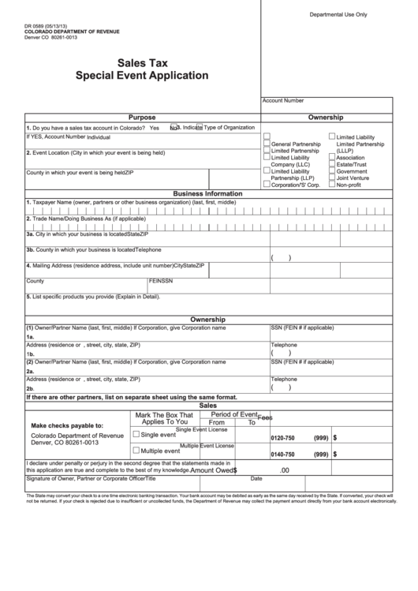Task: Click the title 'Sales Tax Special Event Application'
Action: (142, 70)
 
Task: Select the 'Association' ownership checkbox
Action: (332, 158)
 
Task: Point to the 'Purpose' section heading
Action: (142, 117)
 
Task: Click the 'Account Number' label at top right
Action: (282, 100)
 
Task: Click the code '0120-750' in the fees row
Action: (282, 438)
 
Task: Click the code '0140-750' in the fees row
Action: (282, 454)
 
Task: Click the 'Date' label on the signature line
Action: (256, 478)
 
